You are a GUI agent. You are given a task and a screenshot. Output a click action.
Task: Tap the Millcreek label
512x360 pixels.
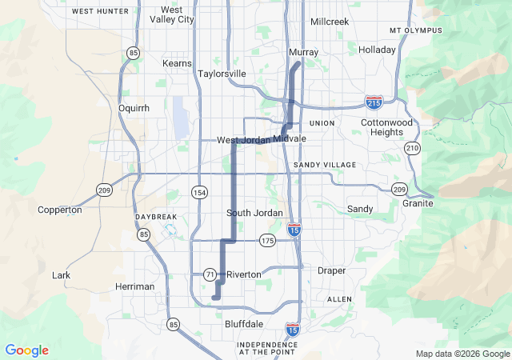(x=330, y=22)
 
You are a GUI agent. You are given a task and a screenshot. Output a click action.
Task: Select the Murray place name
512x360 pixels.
(x=303, y=52)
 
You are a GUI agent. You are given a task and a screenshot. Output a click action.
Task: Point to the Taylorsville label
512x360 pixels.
(x=222, y=74)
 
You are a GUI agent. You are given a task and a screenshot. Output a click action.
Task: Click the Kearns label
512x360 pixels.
(x=177, y=63)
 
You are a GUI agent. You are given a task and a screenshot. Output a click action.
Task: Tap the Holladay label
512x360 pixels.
(x=377, y=50)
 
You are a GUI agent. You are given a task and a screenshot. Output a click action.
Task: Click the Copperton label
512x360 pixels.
(x=60, y=210)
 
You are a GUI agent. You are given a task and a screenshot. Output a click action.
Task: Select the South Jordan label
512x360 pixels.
(x=254, y=212)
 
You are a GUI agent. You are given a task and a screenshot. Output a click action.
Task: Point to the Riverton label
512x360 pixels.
(x=243, y=274)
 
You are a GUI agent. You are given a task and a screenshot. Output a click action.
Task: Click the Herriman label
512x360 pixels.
(x=134, y=286)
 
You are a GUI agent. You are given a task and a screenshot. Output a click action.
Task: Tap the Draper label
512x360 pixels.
(x=331, y=271)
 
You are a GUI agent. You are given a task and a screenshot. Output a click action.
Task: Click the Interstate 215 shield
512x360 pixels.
(x=374, y=102)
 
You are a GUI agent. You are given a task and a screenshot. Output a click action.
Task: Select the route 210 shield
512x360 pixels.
(x=412, y=148)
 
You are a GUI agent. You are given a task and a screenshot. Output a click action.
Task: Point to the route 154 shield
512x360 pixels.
(x=199, y=193)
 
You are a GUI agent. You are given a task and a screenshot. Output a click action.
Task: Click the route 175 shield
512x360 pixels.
(x=267, y=240)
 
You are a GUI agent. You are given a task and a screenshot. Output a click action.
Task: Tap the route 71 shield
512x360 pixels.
(x=210, y=274)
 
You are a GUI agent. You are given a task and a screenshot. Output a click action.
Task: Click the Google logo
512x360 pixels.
(x=26, y=350)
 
